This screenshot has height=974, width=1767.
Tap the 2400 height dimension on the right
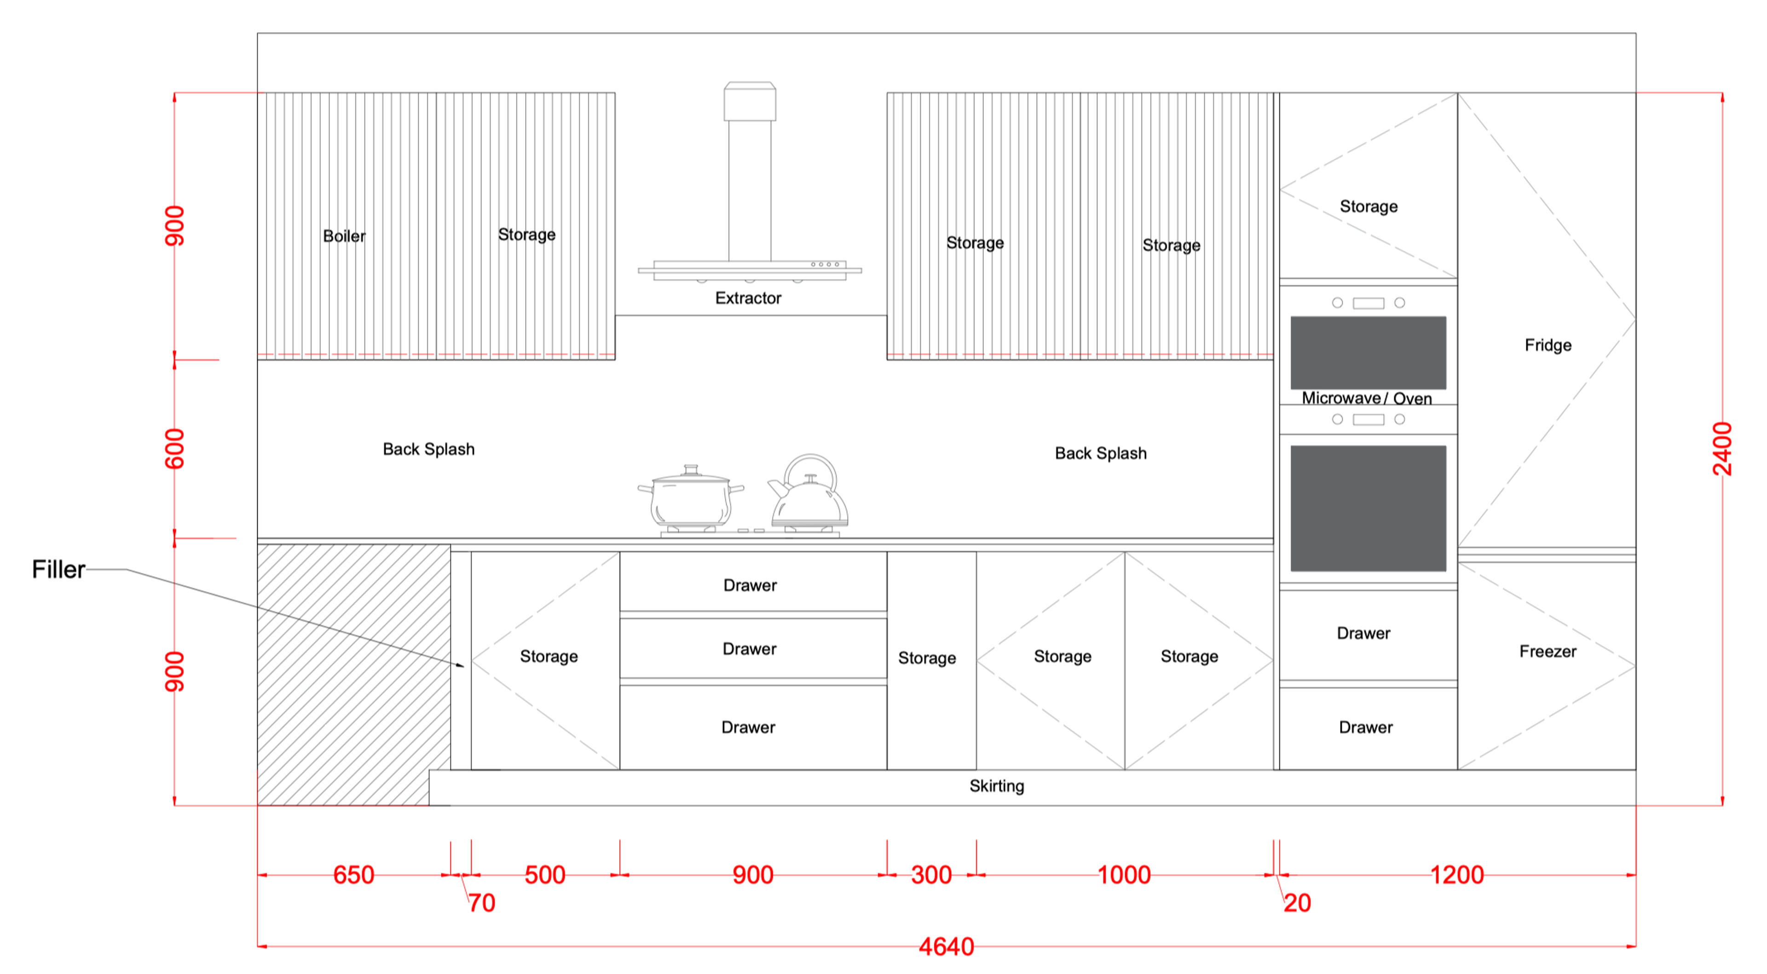tap(1722, 450)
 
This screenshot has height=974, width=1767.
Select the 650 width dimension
tap(353, 875)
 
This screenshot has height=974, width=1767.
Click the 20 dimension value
tap(1297, 903)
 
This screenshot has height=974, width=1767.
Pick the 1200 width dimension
tap(1457, 875)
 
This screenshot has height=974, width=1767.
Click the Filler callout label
tap(58, 569)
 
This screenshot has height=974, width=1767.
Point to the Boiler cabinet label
tap(344, 236)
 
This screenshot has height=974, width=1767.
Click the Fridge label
tap(1548, 345)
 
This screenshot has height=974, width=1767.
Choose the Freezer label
tap(1548, 651)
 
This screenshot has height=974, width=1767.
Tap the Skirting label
tap(997, 786)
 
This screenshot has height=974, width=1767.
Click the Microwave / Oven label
tap(1366, 398)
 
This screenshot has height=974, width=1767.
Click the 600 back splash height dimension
tap(175, 449)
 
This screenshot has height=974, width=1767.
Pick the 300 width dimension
tap(931, 875)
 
